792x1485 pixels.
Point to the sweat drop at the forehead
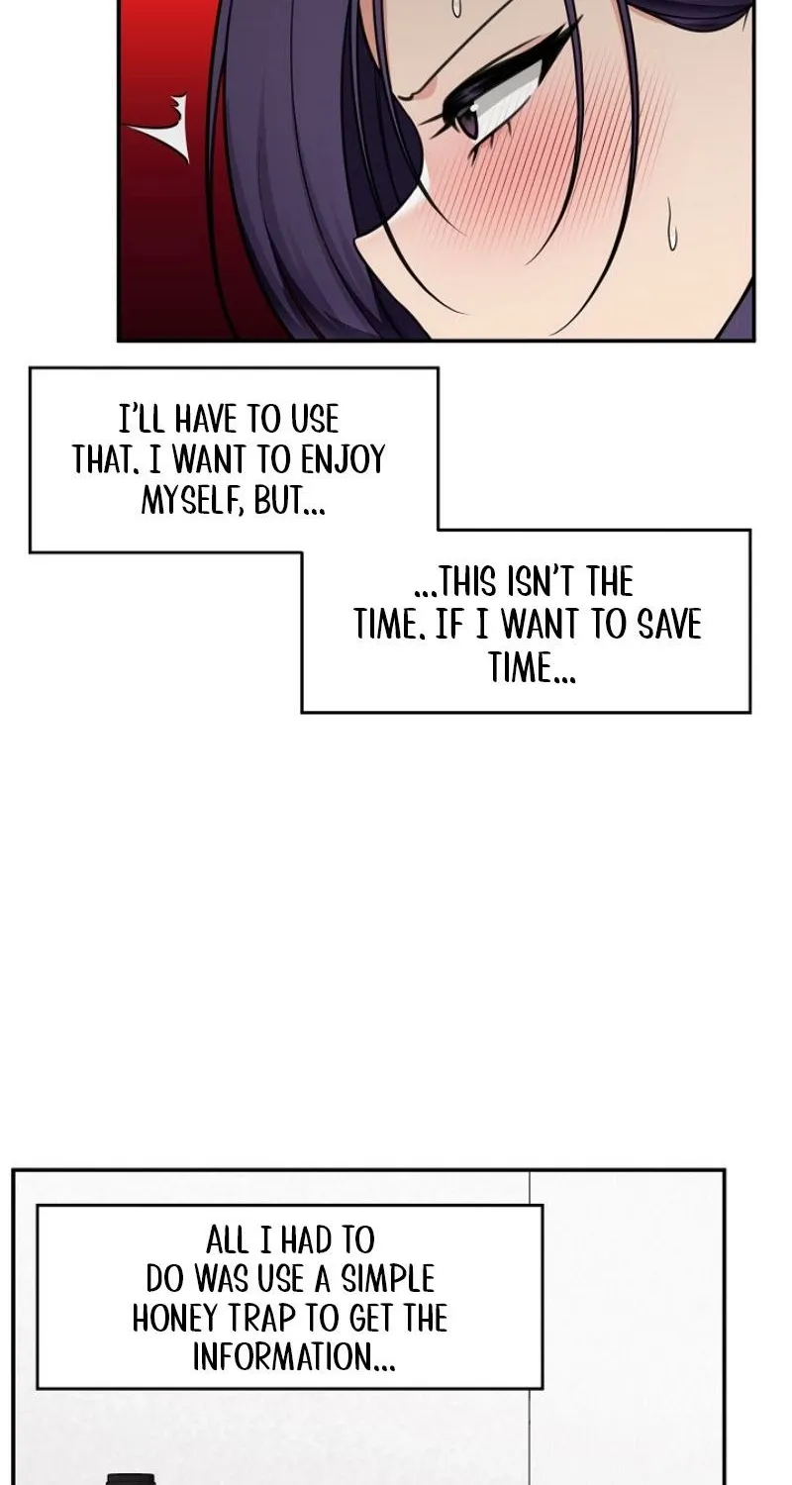tap(456, 7)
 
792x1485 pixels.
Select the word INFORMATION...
tap(294, 1356)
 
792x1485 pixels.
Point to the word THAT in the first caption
tap(105, 459)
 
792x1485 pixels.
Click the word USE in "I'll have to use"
tap(315, 419)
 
